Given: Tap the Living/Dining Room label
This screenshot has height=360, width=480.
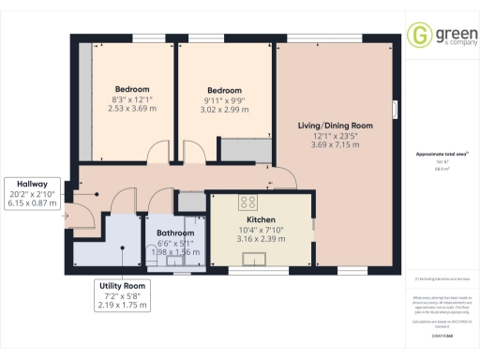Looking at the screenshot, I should point(336,125).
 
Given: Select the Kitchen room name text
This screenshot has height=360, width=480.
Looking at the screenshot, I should point(233,217).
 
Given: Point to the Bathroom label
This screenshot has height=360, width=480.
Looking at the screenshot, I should point(175,232).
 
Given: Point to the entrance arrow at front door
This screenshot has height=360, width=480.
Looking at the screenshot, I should point(66,217).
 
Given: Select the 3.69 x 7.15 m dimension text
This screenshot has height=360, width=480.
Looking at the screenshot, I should point(336,146).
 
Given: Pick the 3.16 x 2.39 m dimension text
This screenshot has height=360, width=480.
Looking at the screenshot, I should point(233,238).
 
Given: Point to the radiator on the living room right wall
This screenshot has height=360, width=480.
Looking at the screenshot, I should point(395,111).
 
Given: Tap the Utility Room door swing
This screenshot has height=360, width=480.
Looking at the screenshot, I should point(121,200).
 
